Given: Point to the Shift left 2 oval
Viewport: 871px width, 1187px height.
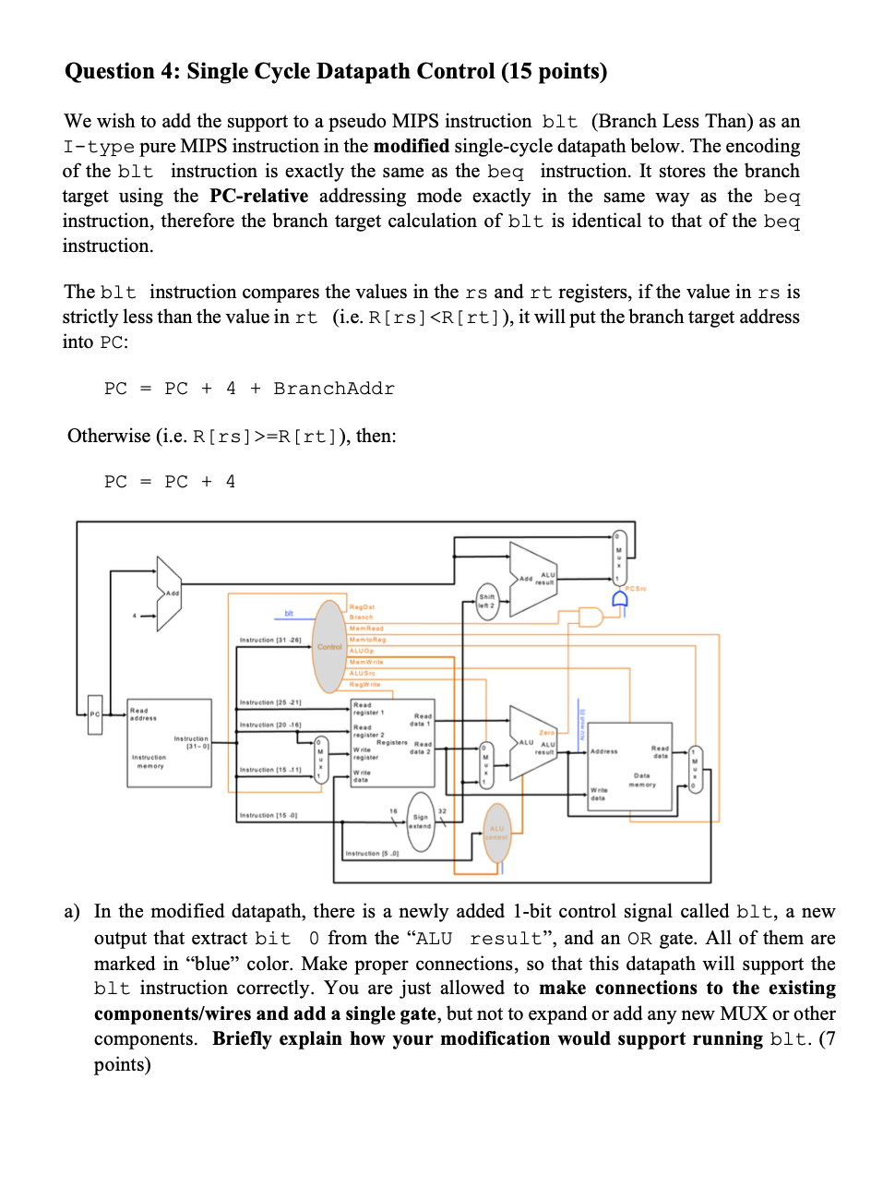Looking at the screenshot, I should click(487, 598).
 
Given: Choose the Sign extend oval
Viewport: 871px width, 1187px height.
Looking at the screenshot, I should click(421, 821).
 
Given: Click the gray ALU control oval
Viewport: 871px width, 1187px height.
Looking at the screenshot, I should click(497, 833).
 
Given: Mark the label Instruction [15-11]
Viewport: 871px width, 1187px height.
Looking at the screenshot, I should click(268, 770).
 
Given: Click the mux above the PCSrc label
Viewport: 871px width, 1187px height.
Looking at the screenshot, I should click(620, 555).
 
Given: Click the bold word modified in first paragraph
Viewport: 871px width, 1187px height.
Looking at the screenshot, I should click(412, 146).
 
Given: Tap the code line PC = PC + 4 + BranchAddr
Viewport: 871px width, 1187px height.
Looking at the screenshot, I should click(249, 389).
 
